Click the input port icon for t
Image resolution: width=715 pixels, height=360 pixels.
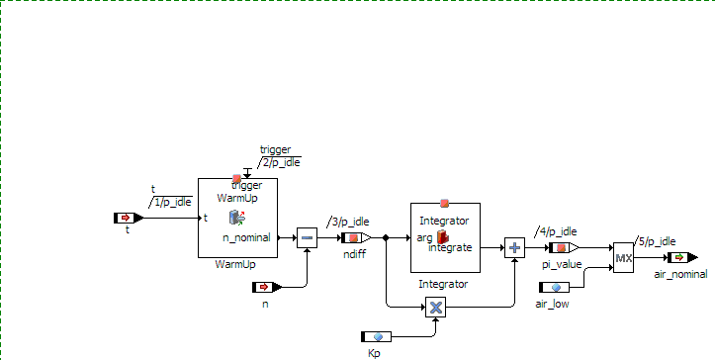[129, 219]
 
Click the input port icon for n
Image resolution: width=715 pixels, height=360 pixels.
[267, 287]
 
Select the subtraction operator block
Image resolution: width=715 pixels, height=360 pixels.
[307, 237]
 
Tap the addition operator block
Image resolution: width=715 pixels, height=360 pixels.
[514, 248]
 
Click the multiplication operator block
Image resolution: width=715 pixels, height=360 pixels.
[435, 307]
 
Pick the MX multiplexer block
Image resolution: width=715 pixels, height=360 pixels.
[623, 258]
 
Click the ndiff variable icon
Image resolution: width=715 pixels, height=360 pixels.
[356, 237]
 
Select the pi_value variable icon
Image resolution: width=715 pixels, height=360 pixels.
[564, 248]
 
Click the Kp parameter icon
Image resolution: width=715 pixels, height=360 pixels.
[376, 336]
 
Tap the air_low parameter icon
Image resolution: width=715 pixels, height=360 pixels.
[554, 287]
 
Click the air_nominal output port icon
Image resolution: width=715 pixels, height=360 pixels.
[682, 258]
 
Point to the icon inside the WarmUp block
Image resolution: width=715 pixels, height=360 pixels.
[237, 218]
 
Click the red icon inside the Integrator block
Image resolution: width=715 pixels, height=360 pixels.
[442, 236]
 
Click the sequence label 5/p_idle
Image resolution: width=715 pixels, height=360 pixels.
[657, 241]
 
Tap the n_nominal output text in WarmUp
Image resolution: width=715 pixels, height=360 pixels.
[246, 237]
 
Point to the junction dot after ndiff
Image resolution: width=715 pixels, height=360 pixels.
[386, 237]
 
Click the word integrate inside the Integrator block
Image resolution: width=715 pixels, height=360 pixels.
[450, 248]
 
